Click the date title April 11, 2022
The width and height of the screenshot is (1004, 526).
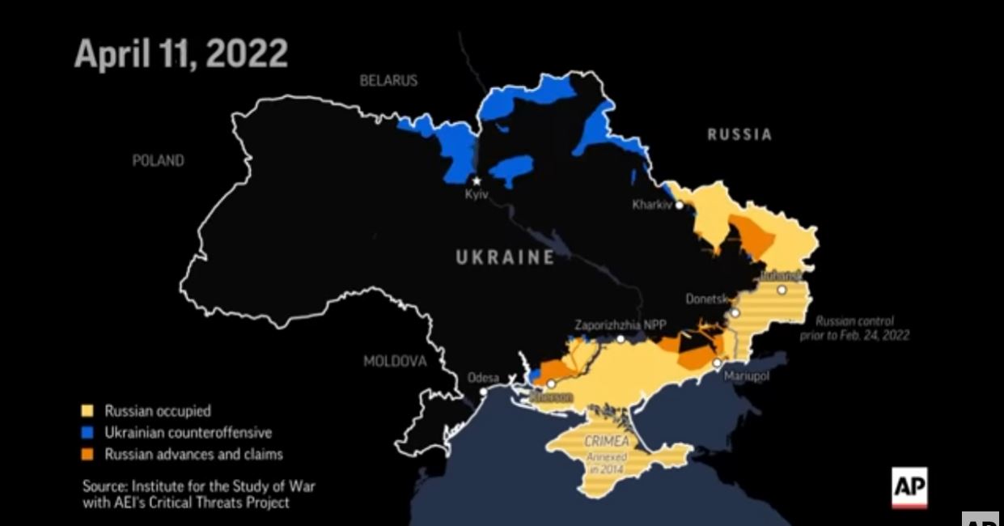click(180, 53)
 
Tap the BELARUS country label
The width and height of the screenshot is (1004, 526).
click(388, 80)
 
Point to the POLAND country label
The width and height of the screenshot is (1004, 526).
click(158, 161)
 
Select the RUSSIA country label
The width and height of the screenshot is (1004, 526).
click(739, 135)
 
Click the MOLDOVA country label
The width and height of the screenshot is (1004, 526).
click(394, 361)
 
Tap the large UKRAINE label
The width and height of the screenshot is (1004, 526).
click(505, 257)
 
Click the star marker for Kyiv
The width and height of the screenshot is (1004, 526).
click(477, 180)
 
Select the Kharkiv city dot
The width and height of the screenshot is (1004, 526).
click(680, 206)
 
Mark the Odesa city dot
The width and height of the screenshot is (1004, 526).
click(483, 392)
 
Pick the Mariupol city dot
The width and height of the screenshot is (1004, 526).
click(716, 363)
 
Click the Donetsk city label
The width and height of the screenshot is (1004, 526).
click(708, 299)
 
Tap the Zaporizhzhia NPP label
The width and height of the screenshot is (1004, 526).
click(621, 325)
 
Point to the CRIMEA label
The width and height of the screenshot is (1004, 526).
click(606, 442)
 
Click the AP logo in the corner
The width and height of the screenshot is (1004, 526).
click(909, 488)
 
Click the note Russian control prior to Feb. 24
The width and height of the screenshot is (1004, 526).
click(862, 328)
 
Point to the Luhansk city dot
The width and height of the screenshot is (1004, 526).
click(782, 290)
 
